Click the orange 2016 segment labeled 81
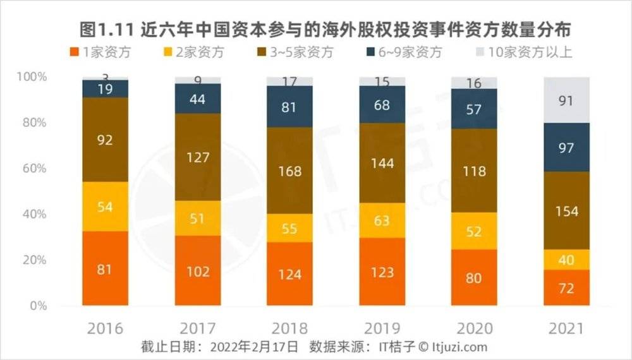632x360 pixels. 105,268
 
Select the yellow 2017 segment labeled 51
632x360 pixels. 198,218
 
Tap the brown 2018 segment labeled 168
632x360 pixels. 290,171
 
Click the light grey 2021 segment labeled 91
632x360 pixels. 567,100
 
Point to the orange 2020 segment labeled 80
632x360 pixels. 475,277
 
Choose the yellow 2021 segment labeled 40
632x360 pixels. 567,259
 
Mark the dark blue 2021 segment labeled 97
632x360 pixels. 567,147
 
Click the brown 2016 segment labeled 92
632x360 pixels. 105,140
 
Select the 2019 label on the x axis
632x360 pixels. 382,328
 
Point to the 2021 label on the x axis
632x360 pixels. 567,328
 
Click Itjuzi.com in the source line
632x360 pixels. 459,347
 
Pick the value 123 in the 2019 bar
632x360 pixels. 382,273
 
